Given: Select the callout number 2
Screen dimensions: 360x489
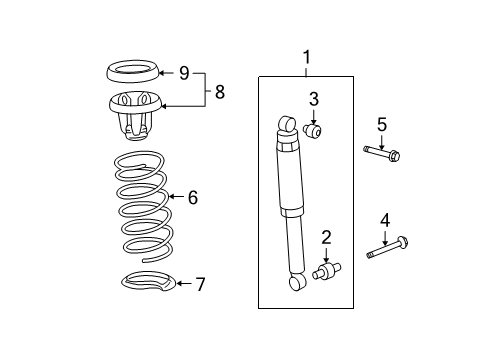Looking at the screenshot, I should coord(326,237).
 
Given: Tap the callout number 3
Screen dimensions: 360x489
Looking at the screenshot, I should coord(313,99).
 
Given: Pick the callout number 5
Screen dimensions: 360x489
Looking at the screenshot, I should coord(381,124).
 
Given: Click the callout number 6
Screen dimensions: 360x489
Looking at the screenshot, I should coord(192,198).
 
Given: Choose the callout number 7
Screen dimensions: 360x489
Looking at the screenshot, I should coord(199,285).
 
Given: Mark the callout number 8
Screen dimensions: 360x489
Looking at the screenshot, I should coord(218,91).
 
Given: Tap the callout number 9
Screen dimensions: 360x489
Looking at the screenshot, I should coord(184,72).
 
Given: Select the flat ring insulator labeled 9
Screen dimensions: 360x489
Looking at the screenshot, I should coord(130,72).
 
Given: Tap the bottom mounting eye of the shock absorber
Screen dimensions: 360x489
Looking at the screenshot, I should coord(297,285).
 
